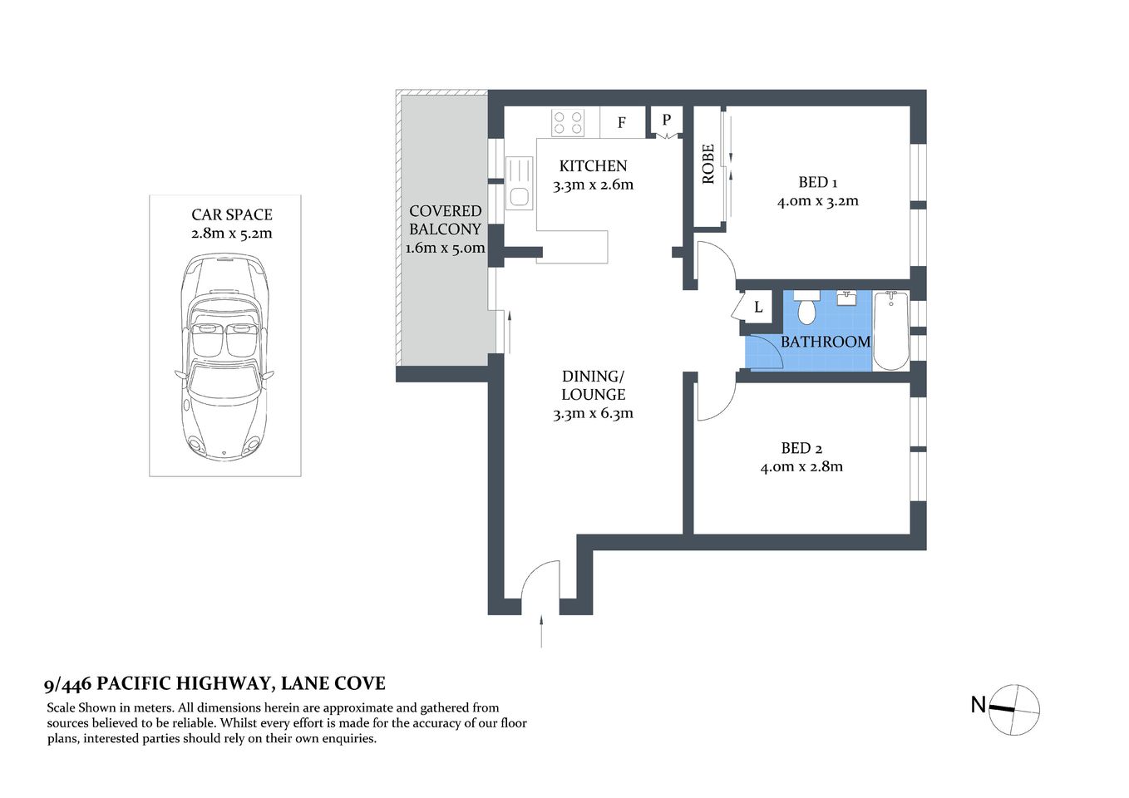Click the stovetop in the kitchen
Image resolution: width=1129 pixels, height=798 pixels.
568,123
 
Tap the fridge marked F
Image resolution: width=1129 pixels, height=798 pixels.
622,123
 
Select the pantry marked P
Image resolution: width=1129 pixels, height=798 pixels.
666,121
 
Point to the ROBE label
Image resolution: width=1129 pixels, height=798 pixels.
708,164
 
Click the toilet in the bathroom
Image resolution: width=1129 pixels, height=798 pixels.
806,308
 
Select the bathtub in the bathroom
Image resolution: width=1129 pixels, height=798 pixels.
890,330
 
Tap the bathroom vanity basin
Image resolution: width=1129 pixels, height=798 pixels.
846,298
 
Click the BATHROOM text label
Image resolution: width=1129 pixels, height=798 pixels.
825,342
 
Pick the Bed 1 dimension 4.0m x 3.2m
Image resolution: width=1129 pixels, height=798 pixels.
818,201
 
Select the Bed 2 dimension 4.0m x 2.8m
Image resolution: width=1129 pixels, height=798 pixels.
801,467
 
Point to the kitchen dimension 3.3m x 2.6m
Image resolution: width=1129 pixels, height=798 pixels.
593,185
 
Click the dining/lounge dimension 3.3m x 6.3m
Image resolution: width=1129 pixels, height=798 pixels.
593,414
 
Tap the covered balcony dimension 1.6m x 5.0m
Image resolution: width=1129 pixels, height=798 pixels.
445,248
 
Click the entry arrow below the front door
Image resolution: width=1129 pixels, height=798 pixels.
541,632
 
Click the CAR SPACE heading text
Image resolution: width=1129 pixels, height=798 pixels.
231,214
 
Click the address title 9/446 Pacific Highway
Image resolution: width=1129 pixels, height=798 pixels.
214,684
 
